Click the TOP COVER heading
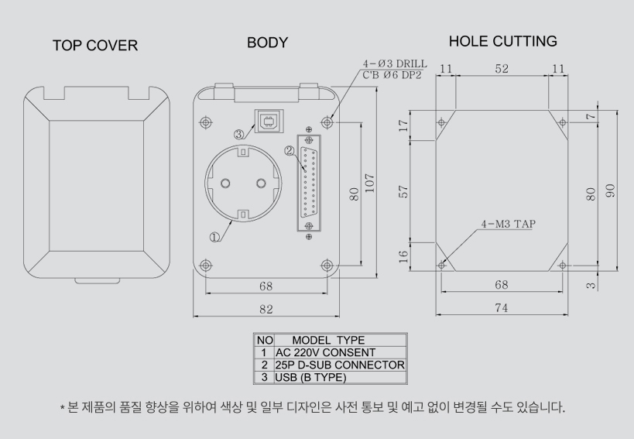[x=94, y=46]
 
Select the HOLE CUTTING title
[x=502, y=41]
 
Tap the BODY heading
[x=267, y=43]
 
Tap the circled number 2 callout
[x=290, y=151]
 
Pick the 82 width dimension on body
[x=266, y=309]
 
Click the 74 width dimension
[x=501, y=307]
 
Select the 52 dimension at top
[x=502, y=70]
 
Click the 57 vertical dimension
[x=402, y=190]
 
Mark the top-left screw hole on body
[x=206, y=122]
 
